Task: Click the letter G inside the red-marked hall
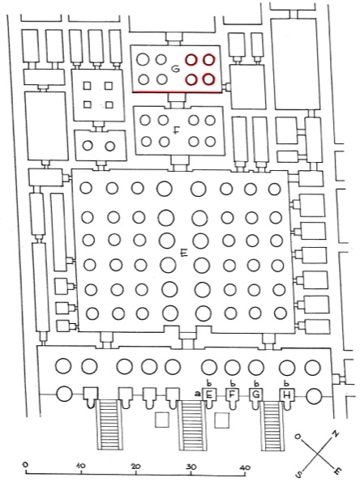[176, 69]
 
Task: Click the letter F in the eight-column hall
[176, 130]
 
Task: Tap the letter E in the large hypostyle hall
[184, 254]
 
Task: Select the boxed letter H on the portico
[287, 394]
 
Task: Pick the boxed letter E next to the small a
[209, 395]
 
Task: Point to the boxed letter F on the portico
[231, 394]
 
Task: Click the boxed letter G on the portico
[256, 394]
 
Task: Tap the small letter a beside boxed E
[197, 394]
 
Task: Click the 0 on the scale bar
[26, 465]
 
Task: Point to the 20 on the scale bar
[135, 466]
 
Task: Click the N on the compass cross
[336, 433]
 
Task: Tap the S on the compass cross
[299, 473]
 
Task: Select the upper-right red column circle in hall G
[209, 59]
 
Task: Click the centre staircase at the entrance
[193, 425]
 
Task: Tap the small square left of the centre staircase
[162, 420]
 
